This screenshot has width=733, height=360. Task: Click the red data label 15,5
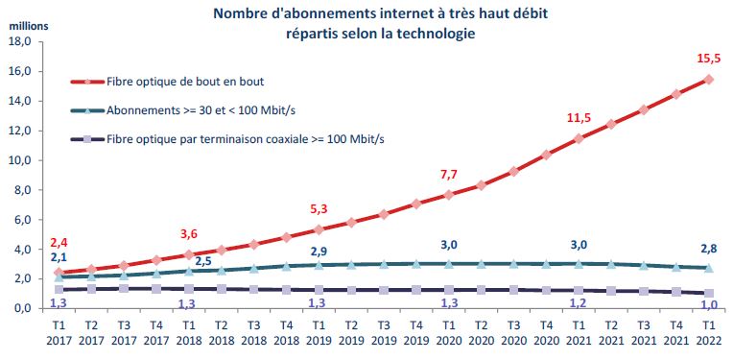(x=708, y=60)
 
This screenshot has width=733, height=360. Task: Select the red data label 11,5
(x=578, y=118)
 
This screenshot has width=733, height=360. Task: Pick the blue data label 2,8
(x=708, y=248)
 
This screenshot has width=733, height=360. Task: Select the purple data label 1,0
(x=708, y=304)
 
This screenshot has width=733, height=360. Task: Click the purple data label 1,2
(x=578, y=303)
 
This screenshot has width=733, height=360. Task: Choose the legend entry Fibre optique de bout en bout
(x=182, y=82)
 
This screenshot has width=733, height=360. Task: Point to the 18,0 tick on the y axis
(x=21, y=42)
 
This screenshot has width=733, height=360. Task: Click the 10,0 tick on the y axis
(x=21, y=160)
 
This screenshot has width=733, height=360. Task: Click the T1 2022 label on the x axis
(x=708, y=335)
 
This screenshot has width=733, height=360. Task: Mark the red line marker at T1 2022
(x=708, y=80)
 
